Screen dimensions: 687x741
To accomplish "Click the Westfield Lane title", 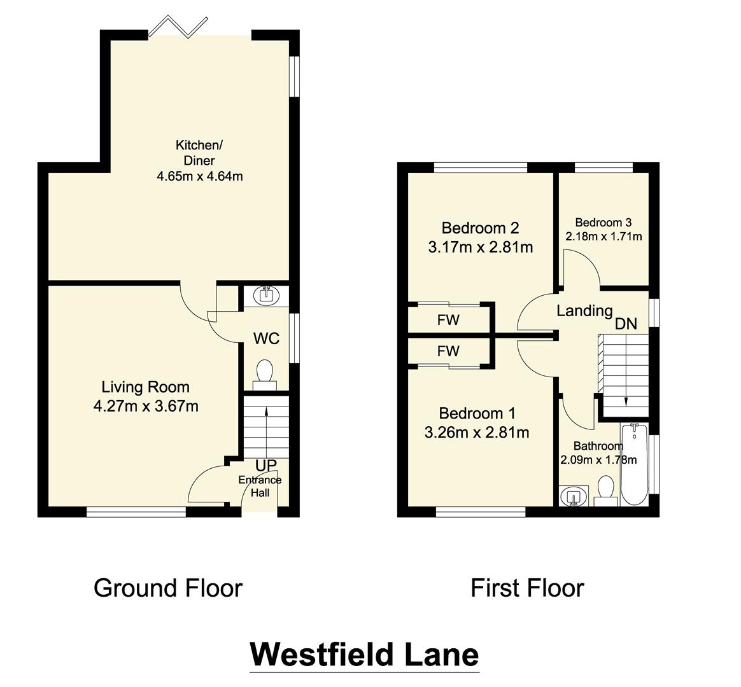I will (363, 654).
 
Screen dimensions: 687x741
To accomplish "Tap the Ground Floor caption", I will (168, 588).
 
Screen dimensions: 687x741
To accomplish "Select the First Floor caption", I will (527, 588).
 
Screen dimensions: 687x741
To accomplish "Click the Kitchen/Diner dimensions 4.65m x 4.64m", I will (200, 176).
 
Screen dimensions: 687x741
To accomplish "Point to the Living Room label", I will (146, 387).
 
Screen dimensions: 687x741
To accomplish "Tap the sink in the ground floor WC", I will (264, 295).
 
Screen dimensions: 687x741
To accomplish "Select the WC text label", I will (266, 338).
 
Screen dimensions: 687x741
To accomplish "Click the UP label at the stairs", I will (265, 466).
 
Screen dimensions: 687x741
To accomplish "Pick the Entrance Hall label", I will (260, 486).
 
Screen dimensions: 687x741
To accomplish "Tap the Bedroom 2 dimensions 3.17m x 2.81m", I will (481, 247).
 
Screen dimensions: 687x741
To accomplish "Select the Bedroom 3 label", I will (603, 223).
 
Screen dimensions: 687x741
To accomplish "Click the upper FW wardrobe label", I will (448, 320).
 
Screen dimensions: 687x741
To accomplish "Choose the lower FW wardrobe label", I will (448, 351).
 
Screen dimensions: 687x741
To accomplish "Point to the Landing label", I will (584, 310).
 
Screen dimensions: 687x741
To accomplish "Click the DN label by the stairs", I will (626, 324).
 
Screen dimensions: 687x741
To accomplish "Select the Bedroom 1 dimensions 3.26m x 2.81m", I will (477, 433).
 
